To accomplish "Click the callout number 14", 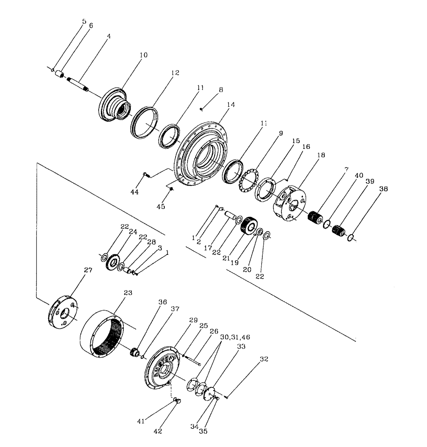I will [230, 105].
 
